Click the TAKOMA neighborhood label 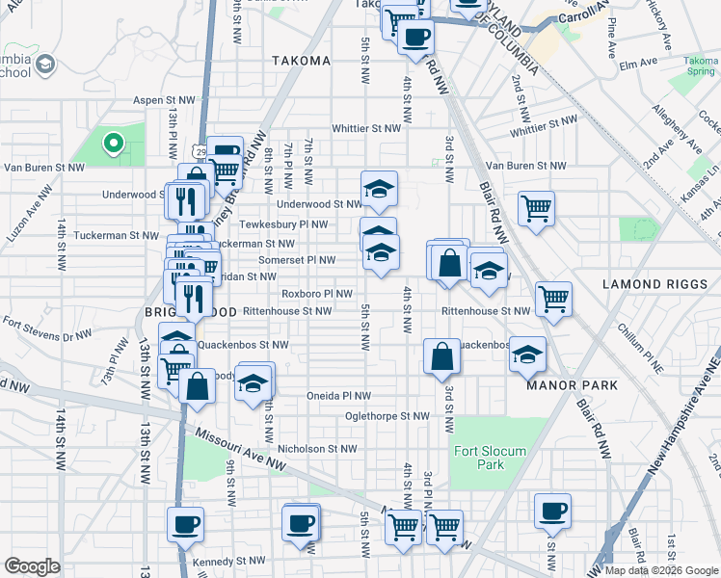(300, 61)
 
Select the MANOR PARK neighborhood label (572, 385)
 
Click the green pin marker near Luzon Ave (113, 144)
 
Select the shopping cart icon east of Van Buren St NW (536, 208)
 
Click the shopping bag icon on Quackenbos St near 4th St (441, 356)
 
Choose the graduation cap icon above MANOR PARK (527, 354)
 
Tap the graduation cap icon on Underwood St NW (380, 189)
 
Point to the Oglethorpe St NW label (387, 416)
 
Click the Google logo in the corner (32, 566)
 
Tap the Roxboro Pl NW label (315, 294)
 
